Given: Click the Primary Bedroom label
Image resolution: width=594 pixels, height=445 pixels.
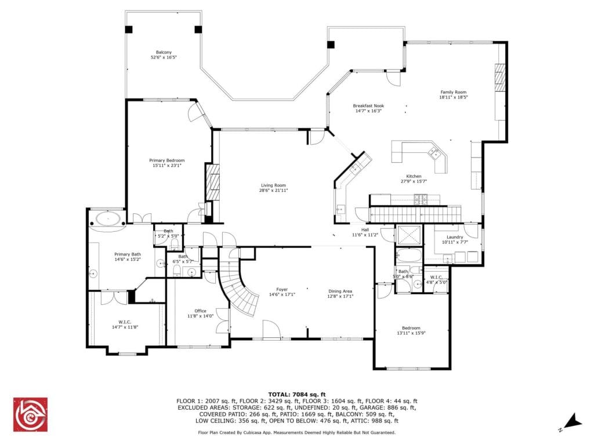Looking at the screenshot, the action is pyautogui.click(x=166, y=161).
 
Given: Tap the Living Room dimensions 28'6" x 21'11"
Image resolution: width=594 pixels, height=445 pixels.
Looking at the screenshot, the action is pyautogui.click(x=274, y=190).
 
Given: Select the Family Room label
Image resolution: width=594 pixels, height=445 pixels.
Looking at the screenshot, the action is pyautogui.click(x=453, y=92).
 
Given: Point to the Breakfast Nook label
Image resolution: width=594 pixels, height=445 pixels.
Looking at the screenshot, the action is pyautogui.click(x=368, y=106).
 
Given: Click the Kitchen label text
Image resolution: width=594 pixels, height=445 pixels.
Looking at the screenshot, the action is pyautogui.click(x=414, y=176).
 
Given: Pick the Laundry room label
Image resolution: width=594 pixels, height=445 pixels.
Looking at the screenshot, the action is pyautogui.click(x=455, y=237).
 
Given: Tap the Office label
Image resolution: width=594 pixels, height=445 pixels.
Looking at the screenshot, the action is pyautogui.click(x=200, y=311).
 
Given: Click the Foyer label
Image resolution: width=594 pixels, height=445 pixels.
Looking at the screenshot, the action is pyautogui.click(x=282, y=290).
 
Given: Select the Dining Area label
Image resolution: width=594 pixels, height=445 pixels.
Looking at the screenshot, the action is pyautogui.click(x=340, y=291).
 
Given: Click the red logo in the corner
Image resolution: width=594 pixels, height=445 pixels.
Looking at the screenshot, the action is pyautogui.click(x=30, y=414).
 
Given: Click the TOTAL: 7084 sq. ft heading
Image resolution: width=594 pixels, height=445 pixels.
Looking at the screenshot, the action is pyautogui.click(x=297, y=395).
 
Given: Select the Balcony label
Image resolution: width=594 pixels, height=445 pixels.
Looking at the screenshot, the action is pyautogui.click(x=164, y=52).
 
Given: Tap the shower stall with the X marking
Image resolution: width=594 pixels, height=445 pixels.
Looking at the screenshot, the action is pyautogui.click(x=409, y=235).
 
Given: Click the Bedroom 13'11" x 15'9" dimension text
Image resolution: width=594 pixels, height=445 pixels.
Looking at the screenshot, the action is pyautogui.click(x=411, y=333).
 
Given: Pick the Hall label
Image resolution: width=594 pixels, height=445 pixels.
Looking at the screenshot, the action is pyautogui.click(x=365, y=229).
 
